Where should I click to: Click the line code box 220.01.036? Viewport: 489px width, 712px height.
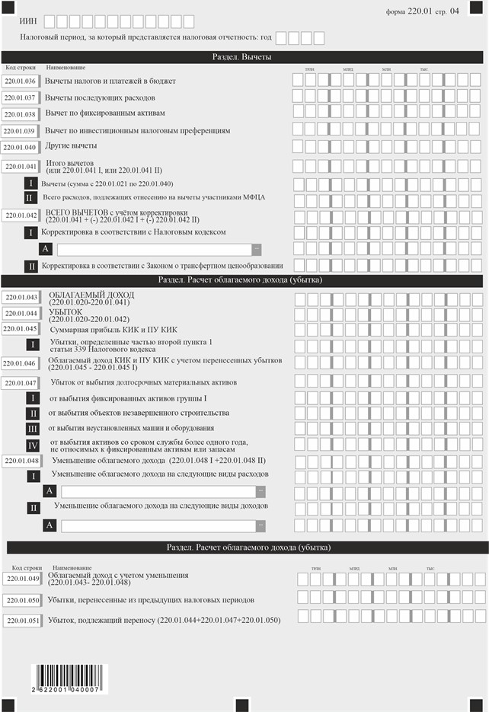pos(21,81)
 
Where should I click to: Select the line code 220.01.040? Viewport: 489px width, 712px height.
pos(21,147)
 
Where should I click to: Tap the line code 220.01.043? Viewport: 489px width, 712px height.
pos(21,298)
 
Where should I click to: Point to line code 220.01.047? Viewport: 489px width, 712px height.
pos(21,383)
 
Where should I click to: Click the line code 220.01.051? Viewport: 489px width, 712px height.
pos(22,621)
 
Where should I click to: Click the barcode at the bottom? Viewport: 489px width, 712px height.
pos(66,675)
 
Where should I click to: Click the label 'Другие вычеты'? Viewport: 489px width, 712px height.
pos(71,145)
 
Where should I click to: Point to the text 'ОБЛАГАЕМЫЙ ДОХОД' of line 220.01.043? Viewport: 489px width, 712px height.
pos(91,294)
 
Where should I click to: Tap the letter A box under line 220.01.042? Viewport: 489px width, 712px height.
pos(46,249)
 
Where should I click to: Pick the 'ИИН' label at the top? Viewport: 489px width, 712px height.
pos(28,21)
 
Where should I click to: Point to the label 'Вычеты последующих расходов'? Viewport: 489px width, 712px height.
pos(101,98)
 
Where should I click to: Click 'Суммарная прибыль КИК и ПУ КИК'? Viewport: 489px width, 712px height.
pos(113,330)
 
